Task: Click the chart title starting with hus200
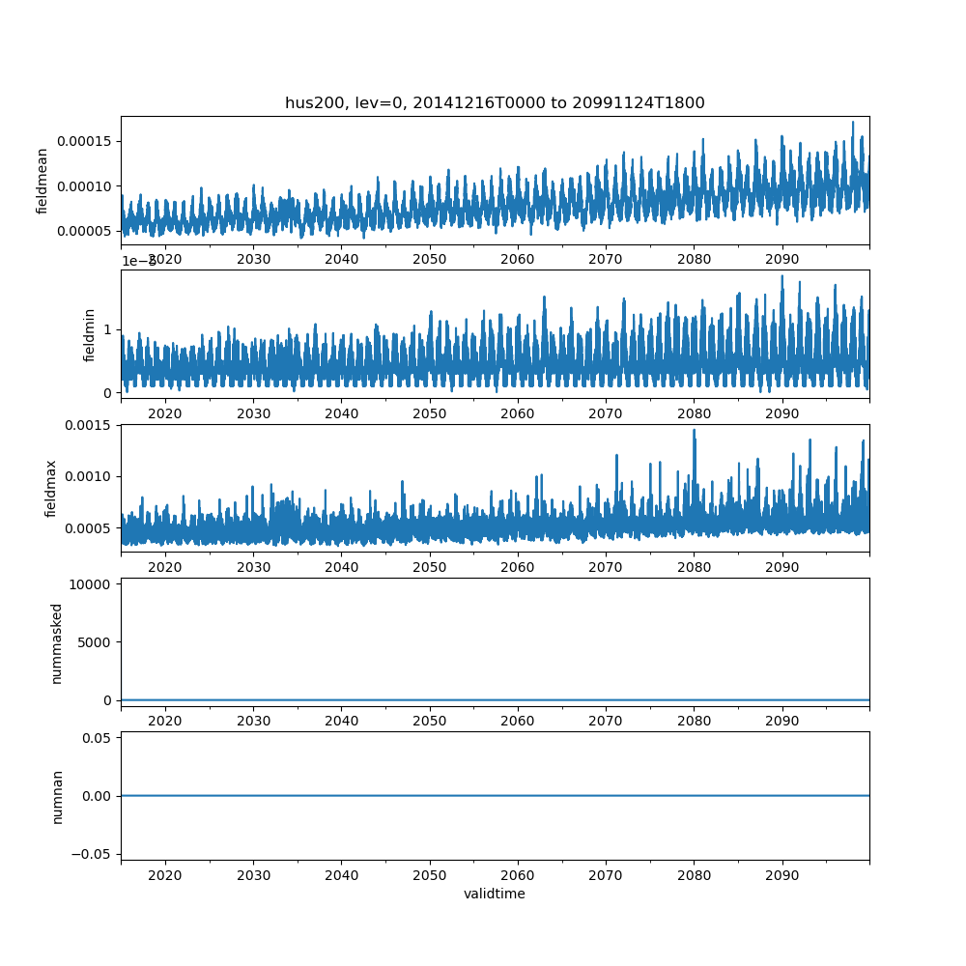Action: point(495,102)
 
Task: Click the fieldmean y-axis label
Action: point(43,182)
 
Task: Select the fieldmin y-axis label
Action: point(89,335)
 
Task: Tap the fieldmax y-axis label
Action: point(51,489)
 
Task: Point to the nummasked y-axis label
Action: point(56,642)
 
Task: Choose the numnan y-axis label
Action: point(57,796)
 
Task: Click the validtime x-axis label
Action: point(495,894)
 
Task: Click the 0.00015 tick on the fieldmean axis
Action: point(88,141)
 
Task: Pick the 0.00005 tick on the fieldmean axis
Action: point(88,230)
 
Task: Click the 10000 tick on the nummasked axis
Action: point(94,583)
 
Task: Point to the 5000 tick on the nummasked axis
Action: point(98,641)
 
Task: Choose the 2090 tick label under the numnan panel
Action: point(781,874)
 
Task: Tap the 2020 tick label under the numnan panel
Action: point(165,874)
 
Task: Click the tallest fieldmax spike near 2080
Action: point(694,431)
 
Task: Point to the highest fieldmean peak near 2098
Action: point(853,123)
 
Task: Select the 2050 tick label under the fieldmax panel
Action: point(430,567)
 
